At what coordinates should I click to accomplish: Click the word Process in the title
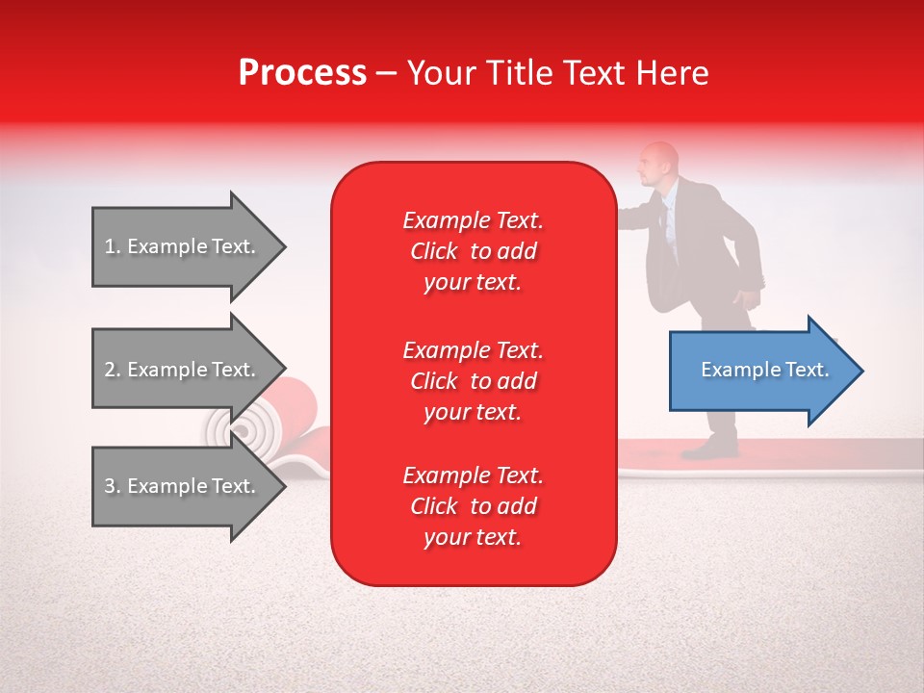302,74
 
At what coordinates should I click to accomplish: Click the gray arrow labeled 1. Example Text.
189,246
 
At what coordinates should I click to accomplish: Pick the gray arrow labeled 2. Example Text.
189,369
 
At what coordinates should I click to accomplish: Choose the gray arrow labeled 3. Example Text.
189,485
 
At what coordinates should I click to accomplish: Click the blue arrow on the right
766,371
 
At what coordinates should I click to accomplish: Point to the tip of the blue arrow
863,371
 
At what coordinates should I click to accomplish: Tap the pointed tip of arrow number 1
286,246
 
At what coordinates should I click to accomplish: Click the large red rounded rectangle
474,373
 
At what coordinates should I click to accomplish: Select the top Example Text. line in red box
474,220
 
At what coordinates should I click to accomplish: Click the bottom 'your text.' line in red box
473,537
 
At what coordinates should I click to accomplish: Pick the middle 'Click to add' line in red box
474,381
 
